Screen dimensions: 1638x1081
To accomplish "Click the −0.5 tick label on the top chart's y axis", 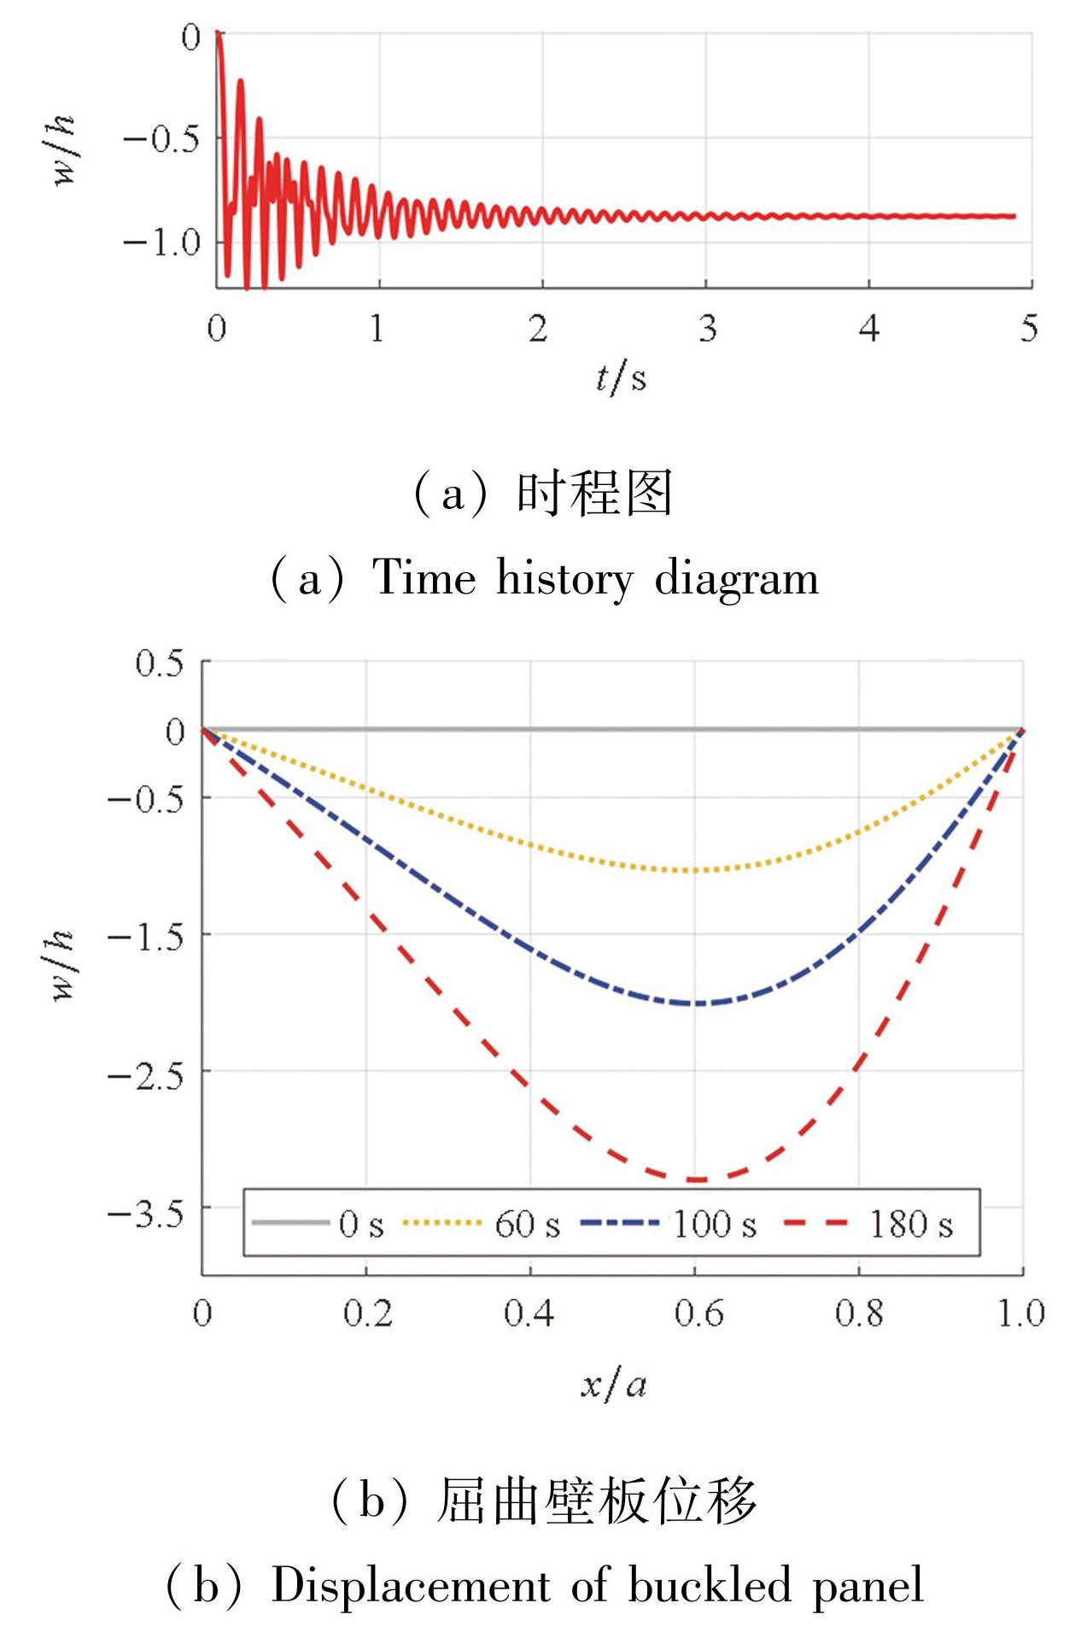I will [x=161, y=138].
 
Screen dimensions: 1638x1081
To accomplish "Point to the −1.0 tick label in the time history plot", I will [x=161, y=243].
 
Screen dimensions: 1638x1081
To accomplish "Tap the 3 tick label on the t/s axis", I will [x=707, y=329].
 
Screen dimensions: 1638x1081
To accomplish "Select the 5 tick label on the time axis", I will [x=1029, y=329].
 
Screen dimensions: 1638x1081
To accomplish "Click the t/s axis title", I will [x=621, y=377].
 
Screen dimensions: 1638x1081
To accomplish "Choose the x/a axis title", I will [x=613, y=1384].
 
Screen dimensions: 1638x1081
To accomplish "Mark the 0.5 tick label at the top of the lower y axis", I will [x=160, y=664].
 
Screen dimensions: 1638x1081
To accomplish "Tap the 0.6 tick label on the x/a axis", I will [x=698, y=1313].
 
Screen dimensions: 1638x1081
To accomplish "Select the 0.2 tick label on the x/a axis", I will [x=368, y=1313].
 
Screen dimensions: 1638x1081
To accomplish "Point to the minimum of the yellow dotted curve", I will [x=695, y=870].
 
